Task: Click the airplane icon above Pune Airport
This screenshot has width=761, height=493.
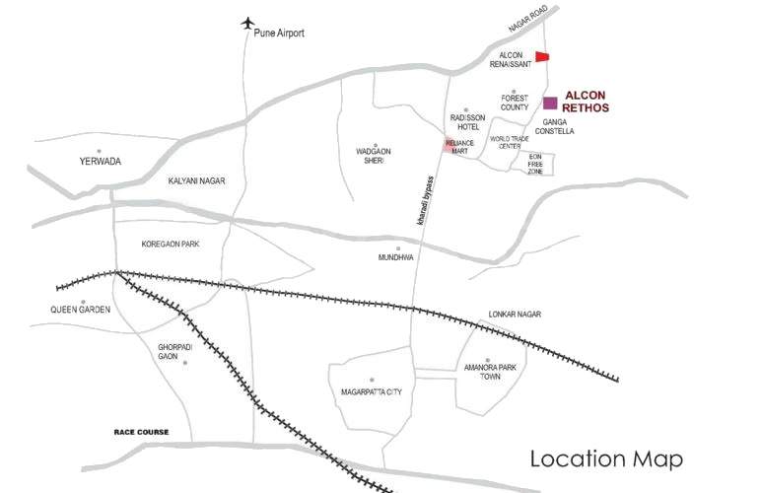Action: [x=247, y=23]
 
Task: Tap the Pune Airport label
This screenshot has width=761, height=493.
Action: [x=279, y=34]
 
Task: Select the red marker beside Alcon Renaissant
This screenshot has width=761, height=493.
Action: [x=541, y=57]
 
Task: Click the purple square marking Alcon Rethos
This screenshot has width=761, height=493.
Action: [x=550, y=103]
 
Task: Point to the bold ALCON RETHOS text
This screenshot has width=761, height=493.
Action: [x=586, y=101]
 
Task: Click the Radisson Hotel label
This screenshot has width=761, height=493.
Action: [x=465, y=122]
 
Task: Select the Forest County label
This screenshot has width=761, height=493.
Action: [x=515, y=103]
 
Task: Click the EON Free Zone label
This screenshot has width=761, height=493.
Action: [x=535, y=164]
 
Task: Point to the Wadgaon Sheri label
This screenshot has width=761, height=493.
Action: [x=374, y=157]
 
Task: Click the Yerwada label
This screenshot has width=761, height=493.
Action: [x=101, y=161]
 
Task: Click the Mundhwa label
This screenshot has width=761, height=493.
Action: [x=394, y=257]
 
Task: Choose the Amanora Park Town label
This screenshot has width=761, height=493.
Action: [x=490, y=373]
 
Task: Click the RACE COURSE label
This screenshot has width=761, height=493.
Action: [x=141, y=433]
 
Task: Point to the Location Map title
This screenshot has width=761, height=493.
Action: [x=606, y=458]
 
